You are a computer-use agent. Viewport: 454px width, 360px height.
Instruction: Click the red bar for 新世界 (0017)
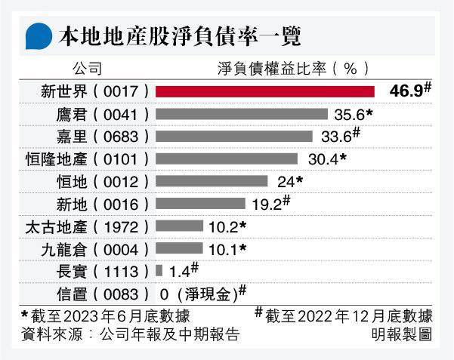(x=265, y=91)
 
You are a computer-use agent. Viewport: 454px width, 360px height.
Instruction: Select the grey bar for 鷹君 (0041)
(x=242, y=114)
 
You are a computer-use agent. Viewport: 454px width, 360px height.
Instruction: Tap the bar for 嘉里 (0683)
(x=234, y=137)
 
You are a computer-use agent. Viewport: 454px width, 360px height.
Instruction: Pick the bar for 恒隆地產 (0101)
(x=226, y=159)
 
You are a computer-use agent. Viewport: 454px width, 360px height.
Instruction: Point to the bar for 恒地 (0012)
(x=212, y=181)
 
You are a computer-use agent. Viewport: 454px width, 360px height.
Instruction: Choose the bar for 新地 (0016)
(x=200, y=204)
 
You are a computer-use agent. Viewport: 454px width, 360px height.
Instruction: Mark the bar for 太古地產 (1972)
(x=179, y=226)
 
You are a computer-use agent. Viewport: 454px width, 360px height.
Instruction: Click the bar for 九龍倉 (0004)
(x=179, y=248)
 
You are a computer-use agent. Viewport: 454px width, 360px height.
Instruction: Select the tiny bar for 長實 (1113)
(x=159, y=270)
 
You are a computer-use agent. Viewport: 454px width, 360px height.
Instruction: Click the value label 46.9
(x=405, y=91)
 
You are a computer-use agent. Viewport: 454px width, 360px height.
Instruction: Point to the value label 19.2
(x=265, y=204)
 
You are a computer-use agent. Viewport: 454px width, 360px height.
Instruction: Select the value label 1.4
(x=179, y=270)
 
